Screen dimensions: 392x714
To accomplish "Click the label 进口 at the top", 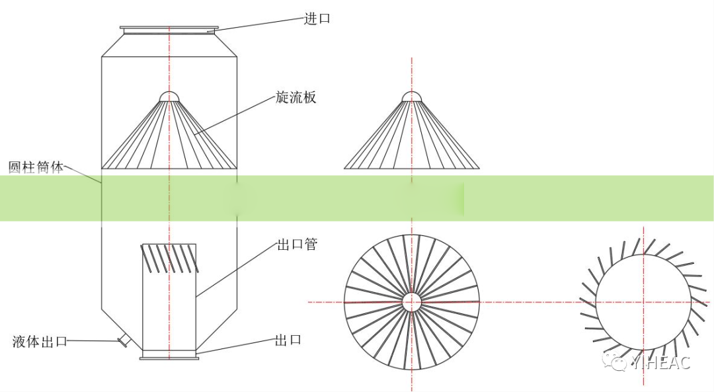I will tap(317, 19).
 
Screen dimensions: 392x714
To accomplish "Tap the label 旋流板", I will tap(296, 97).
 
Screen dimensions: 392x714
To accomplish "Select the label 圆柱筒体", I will tap(36, 167).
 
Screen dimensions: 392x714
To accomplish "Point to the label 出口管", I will tap(297, 245).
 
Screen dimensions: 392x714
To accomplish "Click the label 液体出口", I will tap(40, 342).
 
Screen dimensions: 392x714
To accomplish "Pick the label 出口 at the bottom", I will tap(288, 340).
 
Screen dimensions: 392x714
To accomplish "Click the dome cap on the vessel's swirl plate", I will tap(169, 97).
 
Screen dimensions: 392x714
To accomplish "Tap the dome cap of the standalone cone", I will tap(412, 97).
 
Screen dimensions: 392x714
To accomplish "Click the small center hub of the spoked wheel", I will tap(412, 302).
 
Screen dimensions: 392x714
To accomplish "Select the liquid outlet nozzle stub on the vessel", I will tap(124, 340).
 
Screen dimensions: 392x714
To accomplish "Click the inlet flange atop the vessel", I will tap(169, 28).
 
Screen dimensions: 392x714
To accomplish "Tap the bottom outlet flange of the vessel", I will tap(169, 358).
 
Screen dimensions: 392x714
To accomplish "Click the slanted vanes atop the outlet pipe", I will tap(169, 258).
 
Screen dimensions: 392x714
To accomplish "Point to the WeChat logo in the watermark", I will tap(619, 362).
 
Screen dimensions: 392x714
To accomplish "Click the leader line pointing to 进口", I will tap(258, 23).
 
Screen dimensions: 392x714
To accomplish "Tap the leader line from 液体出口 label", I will tap(93, 341).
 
